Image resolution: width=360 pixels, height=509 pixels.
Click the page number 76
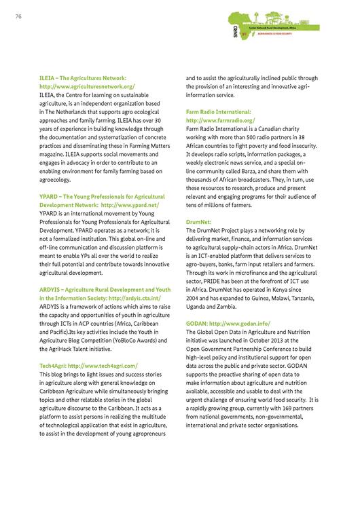coord(18,18)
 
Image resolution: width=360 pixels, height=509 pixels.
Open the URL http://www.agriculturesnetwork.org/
coord(87,87)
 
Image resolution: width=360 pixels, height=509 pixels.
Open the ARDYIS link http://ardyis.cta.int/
coord(134,298)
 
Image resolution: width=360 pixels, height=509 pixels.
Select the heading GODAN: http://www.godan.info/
coord(228,324)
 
